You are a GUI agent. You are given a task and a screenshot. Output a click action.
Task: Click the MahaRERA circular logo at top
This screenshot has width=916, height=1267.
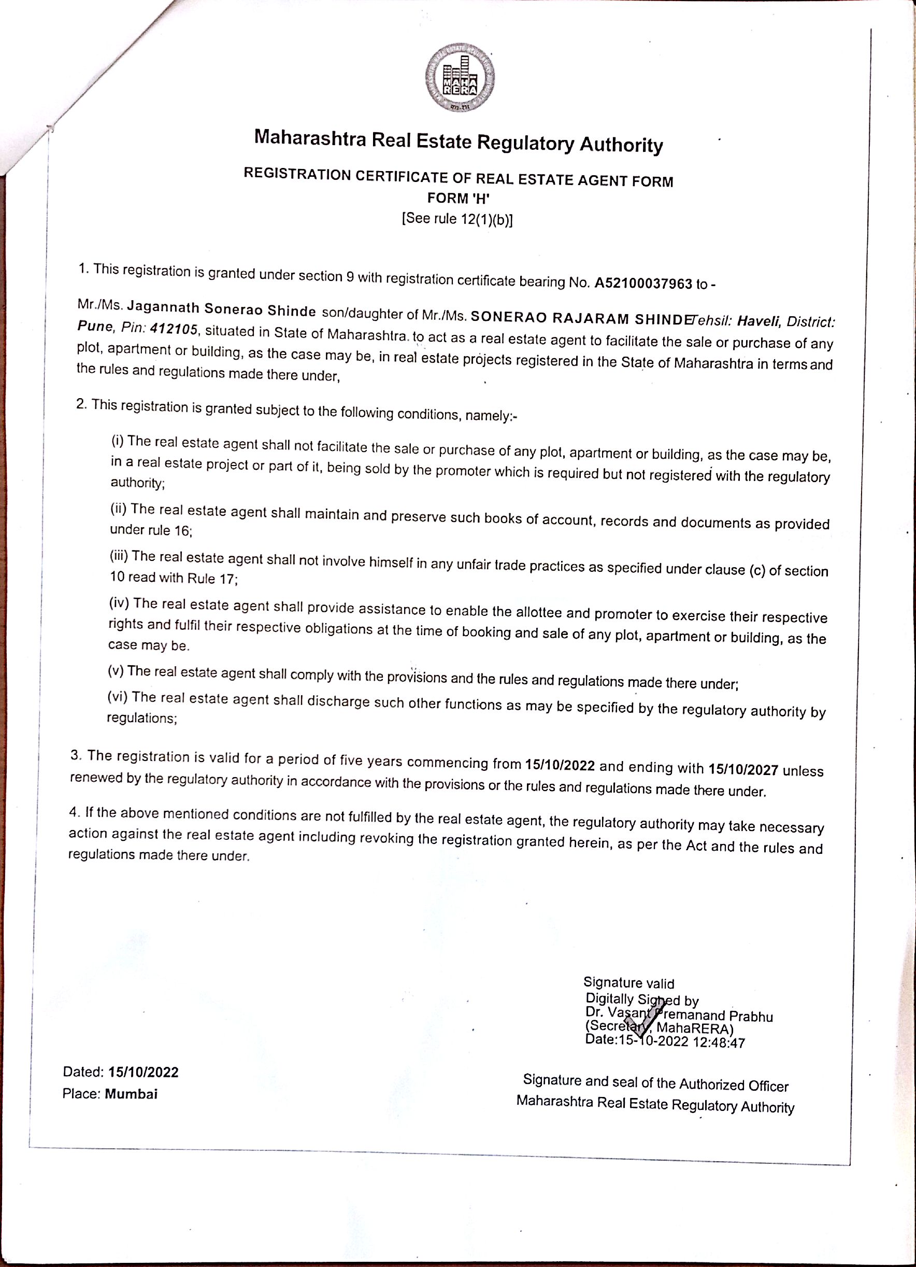click(x=460, y=77)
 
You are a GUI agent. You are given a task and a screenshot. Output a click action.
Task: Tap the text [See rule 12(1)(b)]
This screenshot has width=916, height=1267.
click(x=456, y=218)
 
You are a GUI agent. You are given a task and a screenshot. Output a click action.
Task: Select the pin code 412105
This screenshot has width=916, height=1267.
click(x=174, y=329)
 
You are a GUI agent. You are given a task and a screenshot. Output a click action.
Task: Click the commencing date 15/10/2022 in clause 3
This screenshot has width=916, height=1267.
click(x=560, y=765)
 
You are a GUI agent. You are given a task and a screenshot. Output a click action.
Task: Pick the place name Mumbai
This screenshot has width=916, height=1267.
click(x=131, y=1094)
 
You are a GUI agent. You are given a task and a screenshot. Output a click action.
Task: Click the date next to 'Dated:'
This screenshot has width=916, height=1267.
click(x=144, y=1072)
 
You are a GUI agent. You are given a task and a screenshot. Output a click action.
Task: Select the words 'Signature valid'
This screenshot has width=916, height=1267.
click(x=628, y=983)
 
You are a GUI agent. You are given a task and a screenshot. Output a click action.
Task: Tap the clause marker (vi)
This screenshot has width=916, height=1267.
click(x=117, y=697)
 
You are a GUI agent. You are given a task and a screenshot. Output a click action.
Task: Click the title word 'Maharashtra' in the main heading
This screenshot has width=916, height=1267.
click(x=310, y=138)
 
